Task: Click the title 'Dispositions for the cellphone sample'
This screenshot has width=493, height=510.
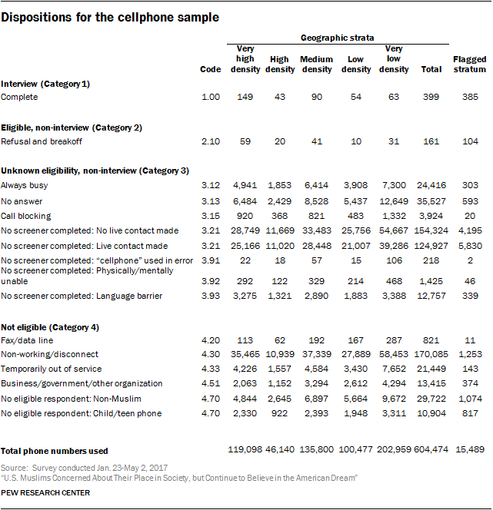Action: coord(110,17)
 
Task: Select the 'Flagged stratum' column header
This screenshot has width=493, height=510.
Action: coord(469,64)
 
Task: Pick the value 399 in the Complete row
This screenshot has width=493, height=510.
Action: coord(432,98)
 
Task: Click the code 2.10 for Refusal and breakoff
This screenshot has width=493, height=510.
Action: coord(210,141)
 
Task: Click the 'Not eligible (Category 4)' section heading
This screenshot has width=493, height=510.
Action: coord(50,328)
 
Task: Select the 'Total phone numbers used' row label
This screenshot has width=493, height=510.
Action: coord(55,451)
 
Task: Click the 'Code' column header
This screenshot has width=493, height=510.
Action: coord(210,69)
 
